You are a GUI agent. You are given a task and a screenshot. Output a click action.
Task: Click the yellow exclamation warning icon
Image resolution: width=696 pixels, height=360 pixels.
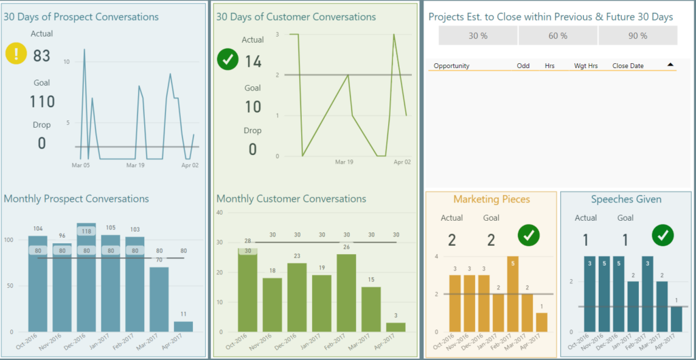point(16,54)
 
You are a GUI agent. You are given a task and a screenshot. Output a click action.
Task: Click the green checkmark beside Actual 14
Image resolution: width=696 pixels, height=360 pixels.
point(228,60)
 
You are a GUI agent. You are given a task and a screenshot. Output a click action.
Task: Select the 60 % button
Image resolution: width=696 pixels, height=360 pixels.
point(558,36)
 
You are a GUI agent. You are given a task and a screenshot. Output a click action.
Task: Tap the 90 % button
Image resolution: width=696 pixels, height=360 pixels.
point(638,36)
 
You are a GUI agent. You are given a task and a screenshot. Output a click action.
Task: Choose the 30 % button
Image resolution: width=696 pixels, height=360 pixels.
point(478,36)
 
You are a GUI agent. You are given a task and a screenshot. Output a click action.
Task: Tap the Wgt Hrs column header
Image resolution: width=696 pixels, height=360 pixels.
point(585,66)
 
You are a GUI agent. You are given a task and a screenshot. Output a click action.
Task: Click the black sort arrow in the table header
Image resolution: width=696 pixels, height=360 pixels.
point(670,65)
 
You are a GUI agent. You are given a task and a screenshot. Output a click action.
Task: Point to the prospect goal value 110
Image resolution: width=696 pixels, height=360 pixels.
point(41,102)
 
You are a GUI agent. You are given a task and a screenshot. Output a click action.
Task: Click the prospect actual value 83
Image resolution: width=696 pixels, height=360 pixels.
point(41,56)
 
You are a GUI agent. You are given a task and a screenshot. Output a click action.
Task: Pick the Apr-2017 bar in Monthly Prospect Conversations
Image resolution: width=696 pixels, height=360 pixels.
point(183,327)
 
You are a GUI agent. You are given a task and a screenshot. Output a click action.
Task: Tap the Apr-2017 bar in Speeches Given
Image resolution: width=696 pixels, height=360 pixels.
point(676,319)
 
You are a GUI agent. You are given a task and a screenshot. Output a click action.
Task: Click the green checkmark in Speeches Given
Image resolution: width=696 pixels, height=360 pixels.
point(663,235)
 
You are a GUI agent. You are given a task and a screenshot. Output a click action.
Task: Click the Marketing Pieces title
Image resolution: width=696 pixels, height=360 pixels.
point(491,199)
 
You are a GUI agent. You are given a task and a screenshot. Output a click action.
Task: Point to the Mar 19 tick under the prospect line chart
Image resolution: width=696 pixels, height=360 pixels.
point(135,165)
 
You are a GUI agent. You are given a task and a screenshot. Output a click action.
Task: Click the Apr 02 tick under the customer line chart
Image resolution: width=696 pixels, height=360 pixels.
point(402,162)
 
